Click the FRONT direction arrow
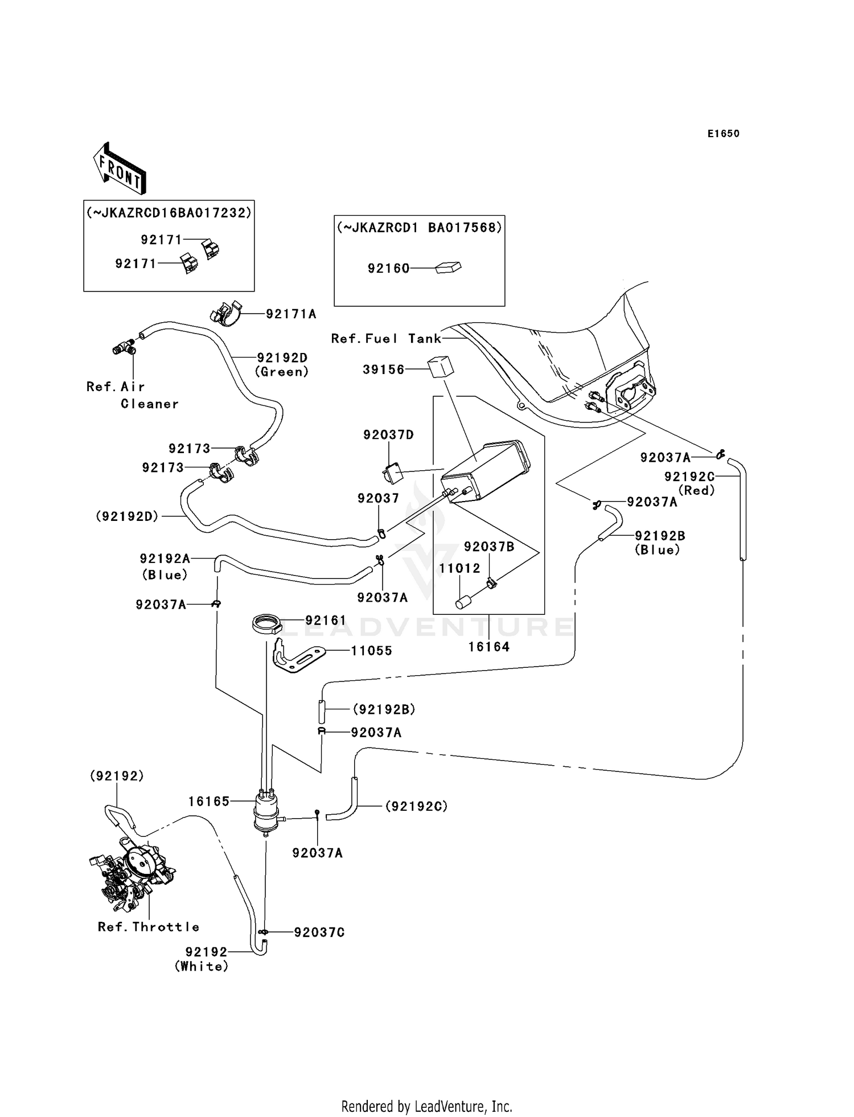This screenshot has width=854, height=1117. pyautogui.click(x=120, y=169)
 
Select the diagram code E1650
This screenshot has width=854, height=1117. pyautogui.click(x=723, y=134)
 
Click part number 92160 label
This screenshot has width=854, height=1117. pyautogui.click(x=388, y=269)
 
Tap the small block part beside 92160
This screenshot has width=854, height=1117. pyautogui.click(x=448, y=267)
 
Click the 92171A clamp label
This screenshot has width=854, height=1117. pyautogui.click(x=291, y=314)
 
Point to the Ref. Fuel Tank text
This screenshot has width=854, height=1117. pyautogui.click(x=386, y=339)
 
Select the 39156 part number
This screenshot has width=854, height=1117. pyautogui.click(x=383, y=369)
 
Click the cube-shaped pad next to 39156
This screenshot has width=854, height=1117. pyautogui.click(x=441, y=367)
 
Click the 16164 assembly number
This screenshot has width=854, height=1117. pyautogui.click(x=489, y=647)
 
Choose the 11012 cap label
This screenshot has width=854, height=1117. pyautogui.click(x=459, y=568)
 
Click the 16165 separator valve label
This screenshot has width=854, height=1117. pyautogui.click(x=209, y=801)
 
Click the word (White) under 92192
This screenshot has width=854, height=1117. pyautogui.click(x=202, y=966)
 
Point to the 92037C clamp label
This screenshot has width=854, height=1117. pyautogui.click(x=319, y=933)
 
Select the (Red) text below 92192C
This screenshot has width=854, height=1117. pyautogui.click(x=696, y=490)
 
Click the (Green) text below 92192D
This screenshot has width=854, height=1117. pyautogui.click(x=281, y=372)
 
